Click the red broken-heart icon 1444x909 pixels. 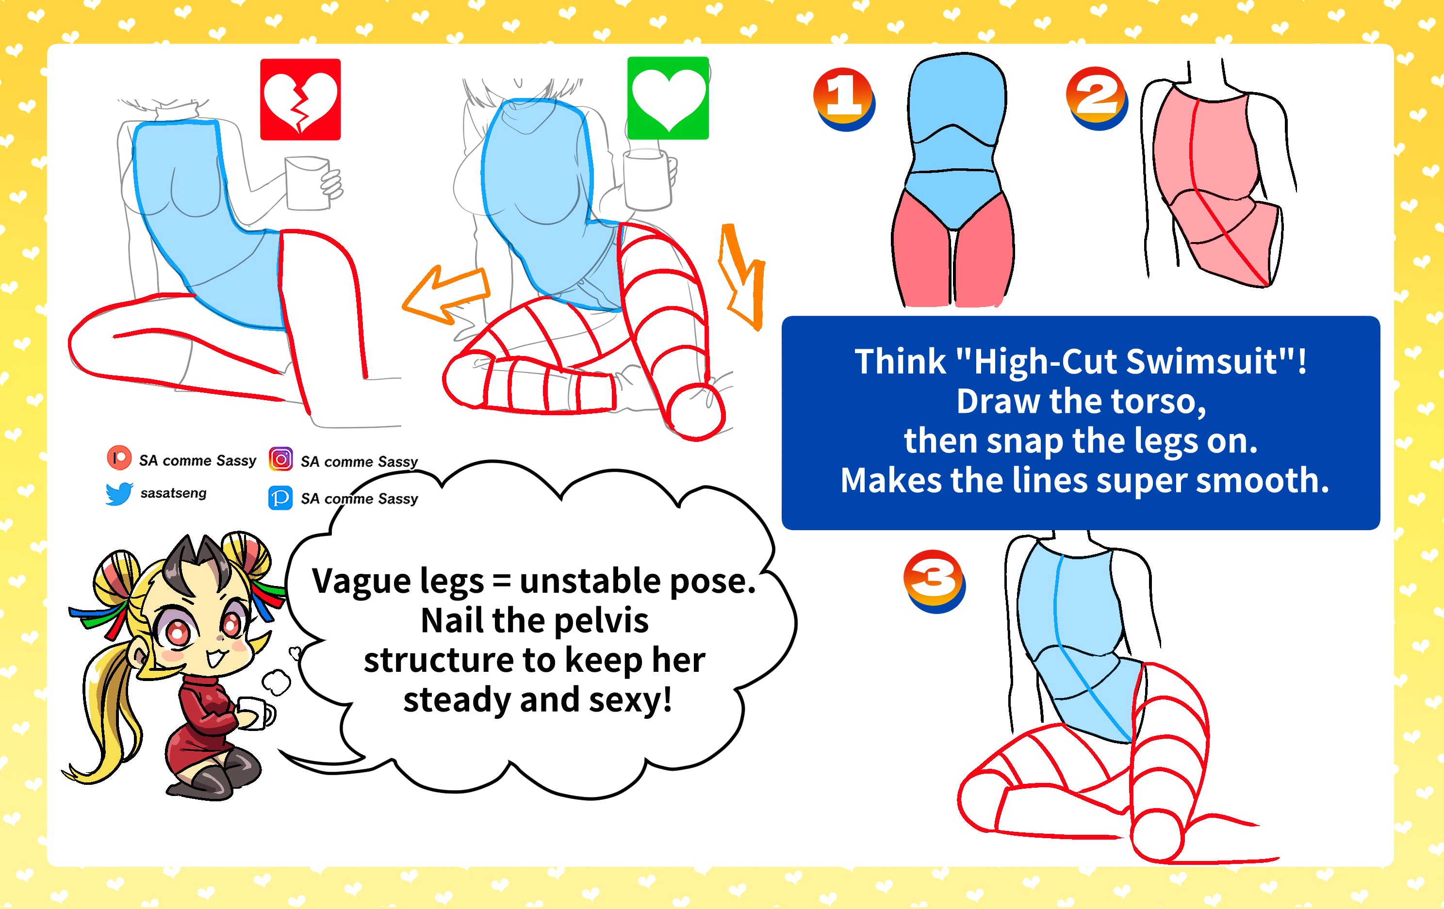coord(300,99)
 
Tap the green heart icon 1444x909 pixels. coord(668,98)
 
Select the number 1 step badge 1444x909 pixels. coord(844,99)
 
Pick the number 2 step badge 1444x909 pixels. coord(1097,98)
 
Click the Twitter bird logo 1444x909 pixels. coord(119,493)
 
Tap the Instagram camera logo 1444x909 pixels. coord(280,459)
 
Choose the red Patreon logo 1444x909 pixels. coord(119,458)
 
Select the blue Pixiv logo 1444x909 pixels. coord(280,498)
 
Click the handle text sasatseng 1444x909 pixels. coord(173,493)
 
